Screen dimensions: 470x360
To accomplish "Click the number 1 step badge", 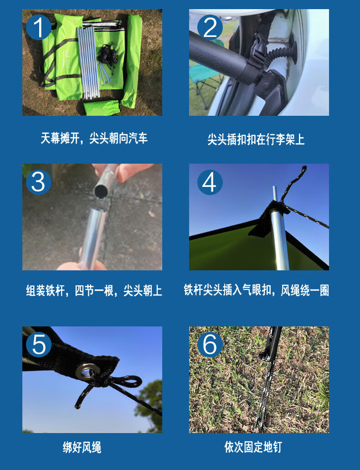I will (x=38, y=28).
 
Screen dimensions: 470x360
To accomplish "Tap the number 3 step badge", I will (x=38, y=182).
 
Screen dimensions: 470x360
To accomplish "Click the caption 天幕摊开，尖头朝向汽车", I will (x=94, y=139).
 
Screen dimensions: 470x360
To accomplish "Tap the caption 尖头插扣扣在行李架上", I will (x=256, y=139).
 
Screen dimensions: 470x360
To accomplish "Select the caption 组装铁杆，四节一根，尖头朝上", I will (x=94, y=291).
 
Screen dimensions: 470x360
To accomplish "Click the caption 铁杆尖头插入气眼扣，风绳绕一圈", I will (x=256, y=290).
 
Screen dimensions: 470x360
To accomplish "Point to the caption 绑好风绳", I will (x=82, y=447).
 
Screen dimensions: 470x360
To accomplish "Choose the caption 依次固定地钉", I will (x=253, y=447).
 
